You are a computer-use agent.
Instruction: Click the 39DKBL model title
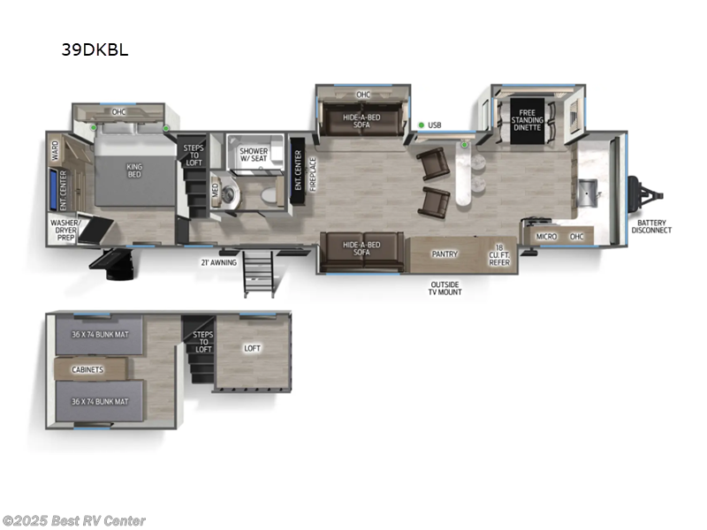click(95, 49)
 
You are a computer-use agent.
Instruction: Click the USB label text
click(434, 125)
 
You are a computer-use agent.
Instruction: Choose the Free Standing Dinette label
click(528, 120)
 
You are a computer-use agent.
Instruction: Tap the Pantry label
click(444, 254)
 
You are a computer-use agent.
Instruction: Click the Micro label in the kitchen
click(546, 237)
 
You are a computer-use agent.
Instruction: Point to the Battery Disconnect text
click(651, 225)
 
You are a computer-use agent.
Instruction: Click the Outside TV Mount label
click(445, 287)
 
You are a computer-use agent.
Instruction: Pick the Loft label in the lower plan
click(253, 349)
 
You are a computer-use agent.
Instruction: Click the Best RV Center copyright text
click(74, 521)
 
